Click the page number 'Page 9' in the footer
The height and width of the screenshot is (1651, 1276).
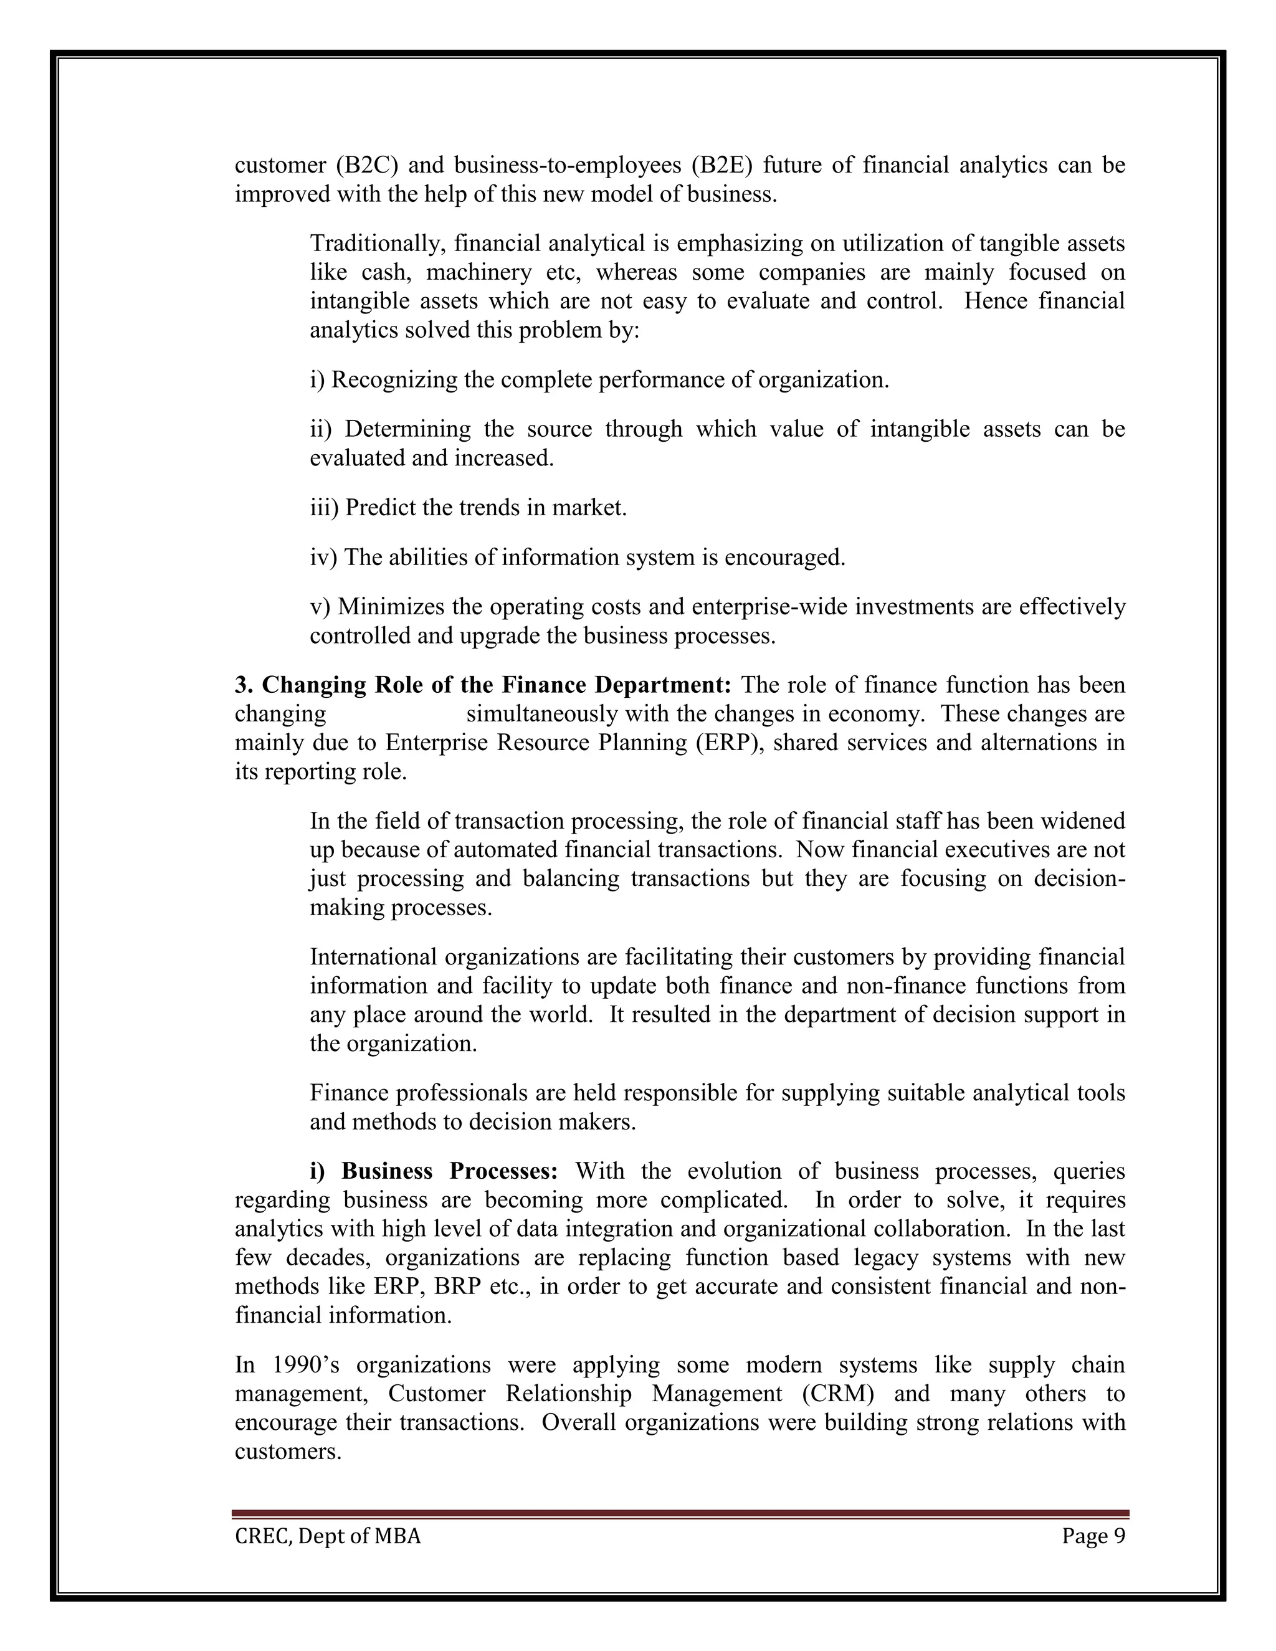[1093, 1537]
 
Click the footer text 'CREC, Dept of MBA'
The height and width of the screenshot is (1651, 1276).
[327, 1537]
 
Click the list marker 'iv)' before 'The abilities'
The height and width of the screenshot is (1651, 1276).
[323, 558]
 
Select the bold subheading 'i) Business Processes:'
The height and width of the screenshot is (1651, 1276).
[434, 1172]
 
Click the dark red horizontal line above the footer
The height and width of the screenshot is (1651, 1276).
[680, 1514]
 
